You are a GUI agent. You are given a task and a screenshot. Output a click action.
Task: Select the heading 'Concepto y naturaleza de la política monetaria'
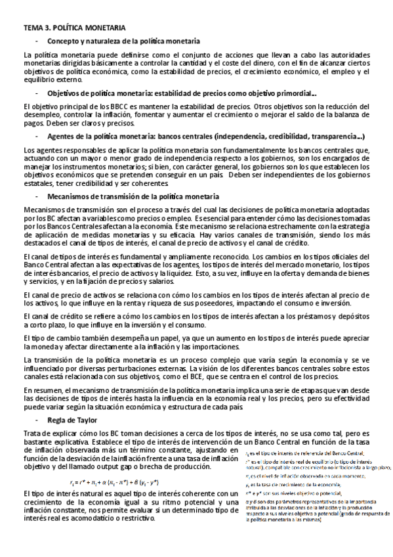click(123, 41)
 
